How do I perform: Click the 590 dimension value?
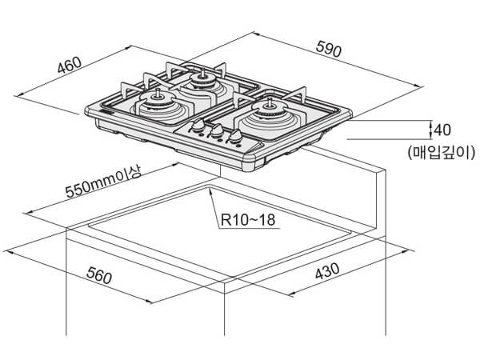pos(329,49)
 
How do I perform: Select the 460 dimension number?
pos(70,66)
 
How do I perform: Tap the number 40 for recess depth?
pos(443,130)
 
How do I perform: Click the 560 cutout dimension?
pos(96,278)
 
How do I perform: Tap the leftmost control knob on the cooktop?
pos(196,128)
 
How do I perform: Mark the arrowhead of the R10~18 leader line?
pos(210,192)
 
